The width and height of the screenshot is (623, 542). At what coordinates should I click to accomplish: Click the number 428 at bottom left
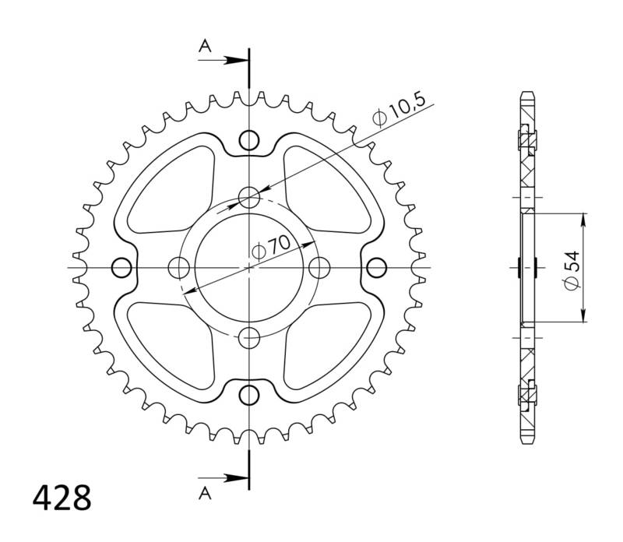pos(62,496)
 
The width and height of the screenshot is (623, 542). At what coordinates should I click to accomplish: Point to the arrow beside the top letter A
pos(234,59)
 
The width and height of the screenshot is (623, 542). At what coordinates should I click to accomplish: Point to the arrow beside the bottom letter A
pos(234,477)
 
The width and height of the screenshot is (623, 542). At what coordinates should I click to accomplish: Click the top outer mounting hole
pos(248,141)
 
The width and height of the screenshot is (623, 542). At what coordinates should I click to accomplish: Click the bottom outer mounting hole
pos(248,394)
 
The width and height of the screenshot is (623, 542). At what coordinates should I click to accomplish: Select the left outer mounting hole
pos(121,268)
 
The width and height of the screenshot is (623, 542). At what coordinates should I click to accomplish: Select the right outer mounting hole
pos(376,268)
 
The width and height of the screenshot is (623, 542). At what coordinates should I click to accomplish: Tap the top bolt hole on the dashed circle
pos(248,198)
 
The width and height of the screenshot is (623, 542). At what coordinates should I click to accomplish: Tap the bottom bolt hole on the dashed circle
pos(248,338)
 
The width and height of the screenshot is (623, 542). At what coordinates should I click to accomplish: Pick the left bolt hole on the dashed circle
pos(179,268)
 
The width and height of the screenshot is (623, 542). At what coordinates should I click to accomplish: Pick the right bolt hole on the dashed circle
pos(319,268)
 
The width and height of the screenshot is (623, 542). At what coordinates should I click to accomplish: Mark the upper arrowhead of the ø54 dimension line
pos(583,218)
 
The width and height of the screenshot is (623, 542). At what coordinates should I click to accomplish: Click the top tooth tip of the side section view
pos(527,95)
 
